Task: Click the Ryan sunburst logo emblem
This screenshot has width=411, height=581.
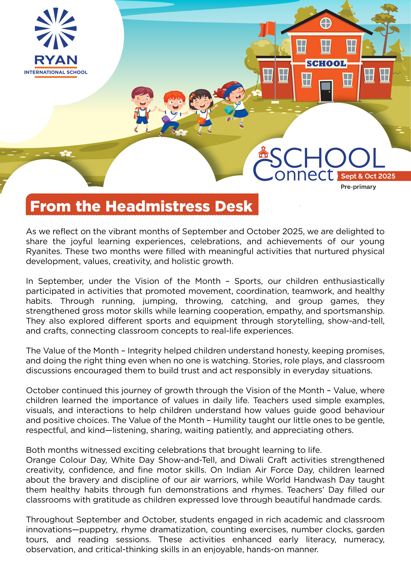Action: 56,28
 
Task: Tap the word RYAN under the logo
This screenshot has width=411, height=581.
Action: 56,60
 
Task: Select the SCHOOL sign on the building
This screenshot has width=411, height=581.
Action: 326,63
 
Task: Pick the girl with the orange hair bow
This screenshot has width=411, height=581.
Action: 202,109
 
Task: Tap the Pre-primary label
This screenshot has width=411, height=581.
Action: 358,187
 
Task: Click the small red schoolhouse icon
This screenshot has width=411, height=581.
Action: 263,152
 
